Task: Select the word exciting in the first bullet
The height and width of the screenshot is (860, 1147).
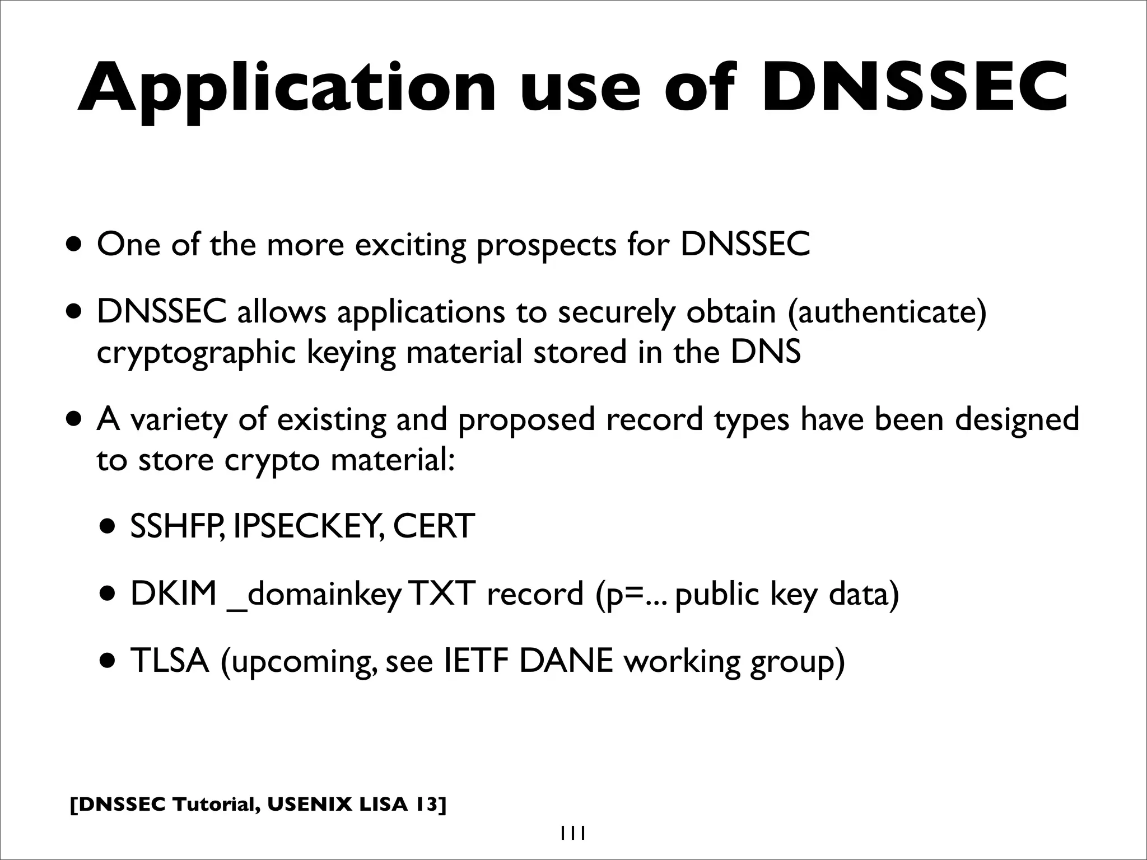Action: coord(410,245)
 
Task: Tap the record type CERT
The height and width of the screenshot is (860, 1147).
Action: coord(433,526)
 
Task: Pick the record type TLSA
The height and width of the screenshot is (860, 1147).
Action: coord(170,661)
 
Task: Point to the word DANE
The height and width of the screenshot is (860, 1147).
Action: coord(566,661)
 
